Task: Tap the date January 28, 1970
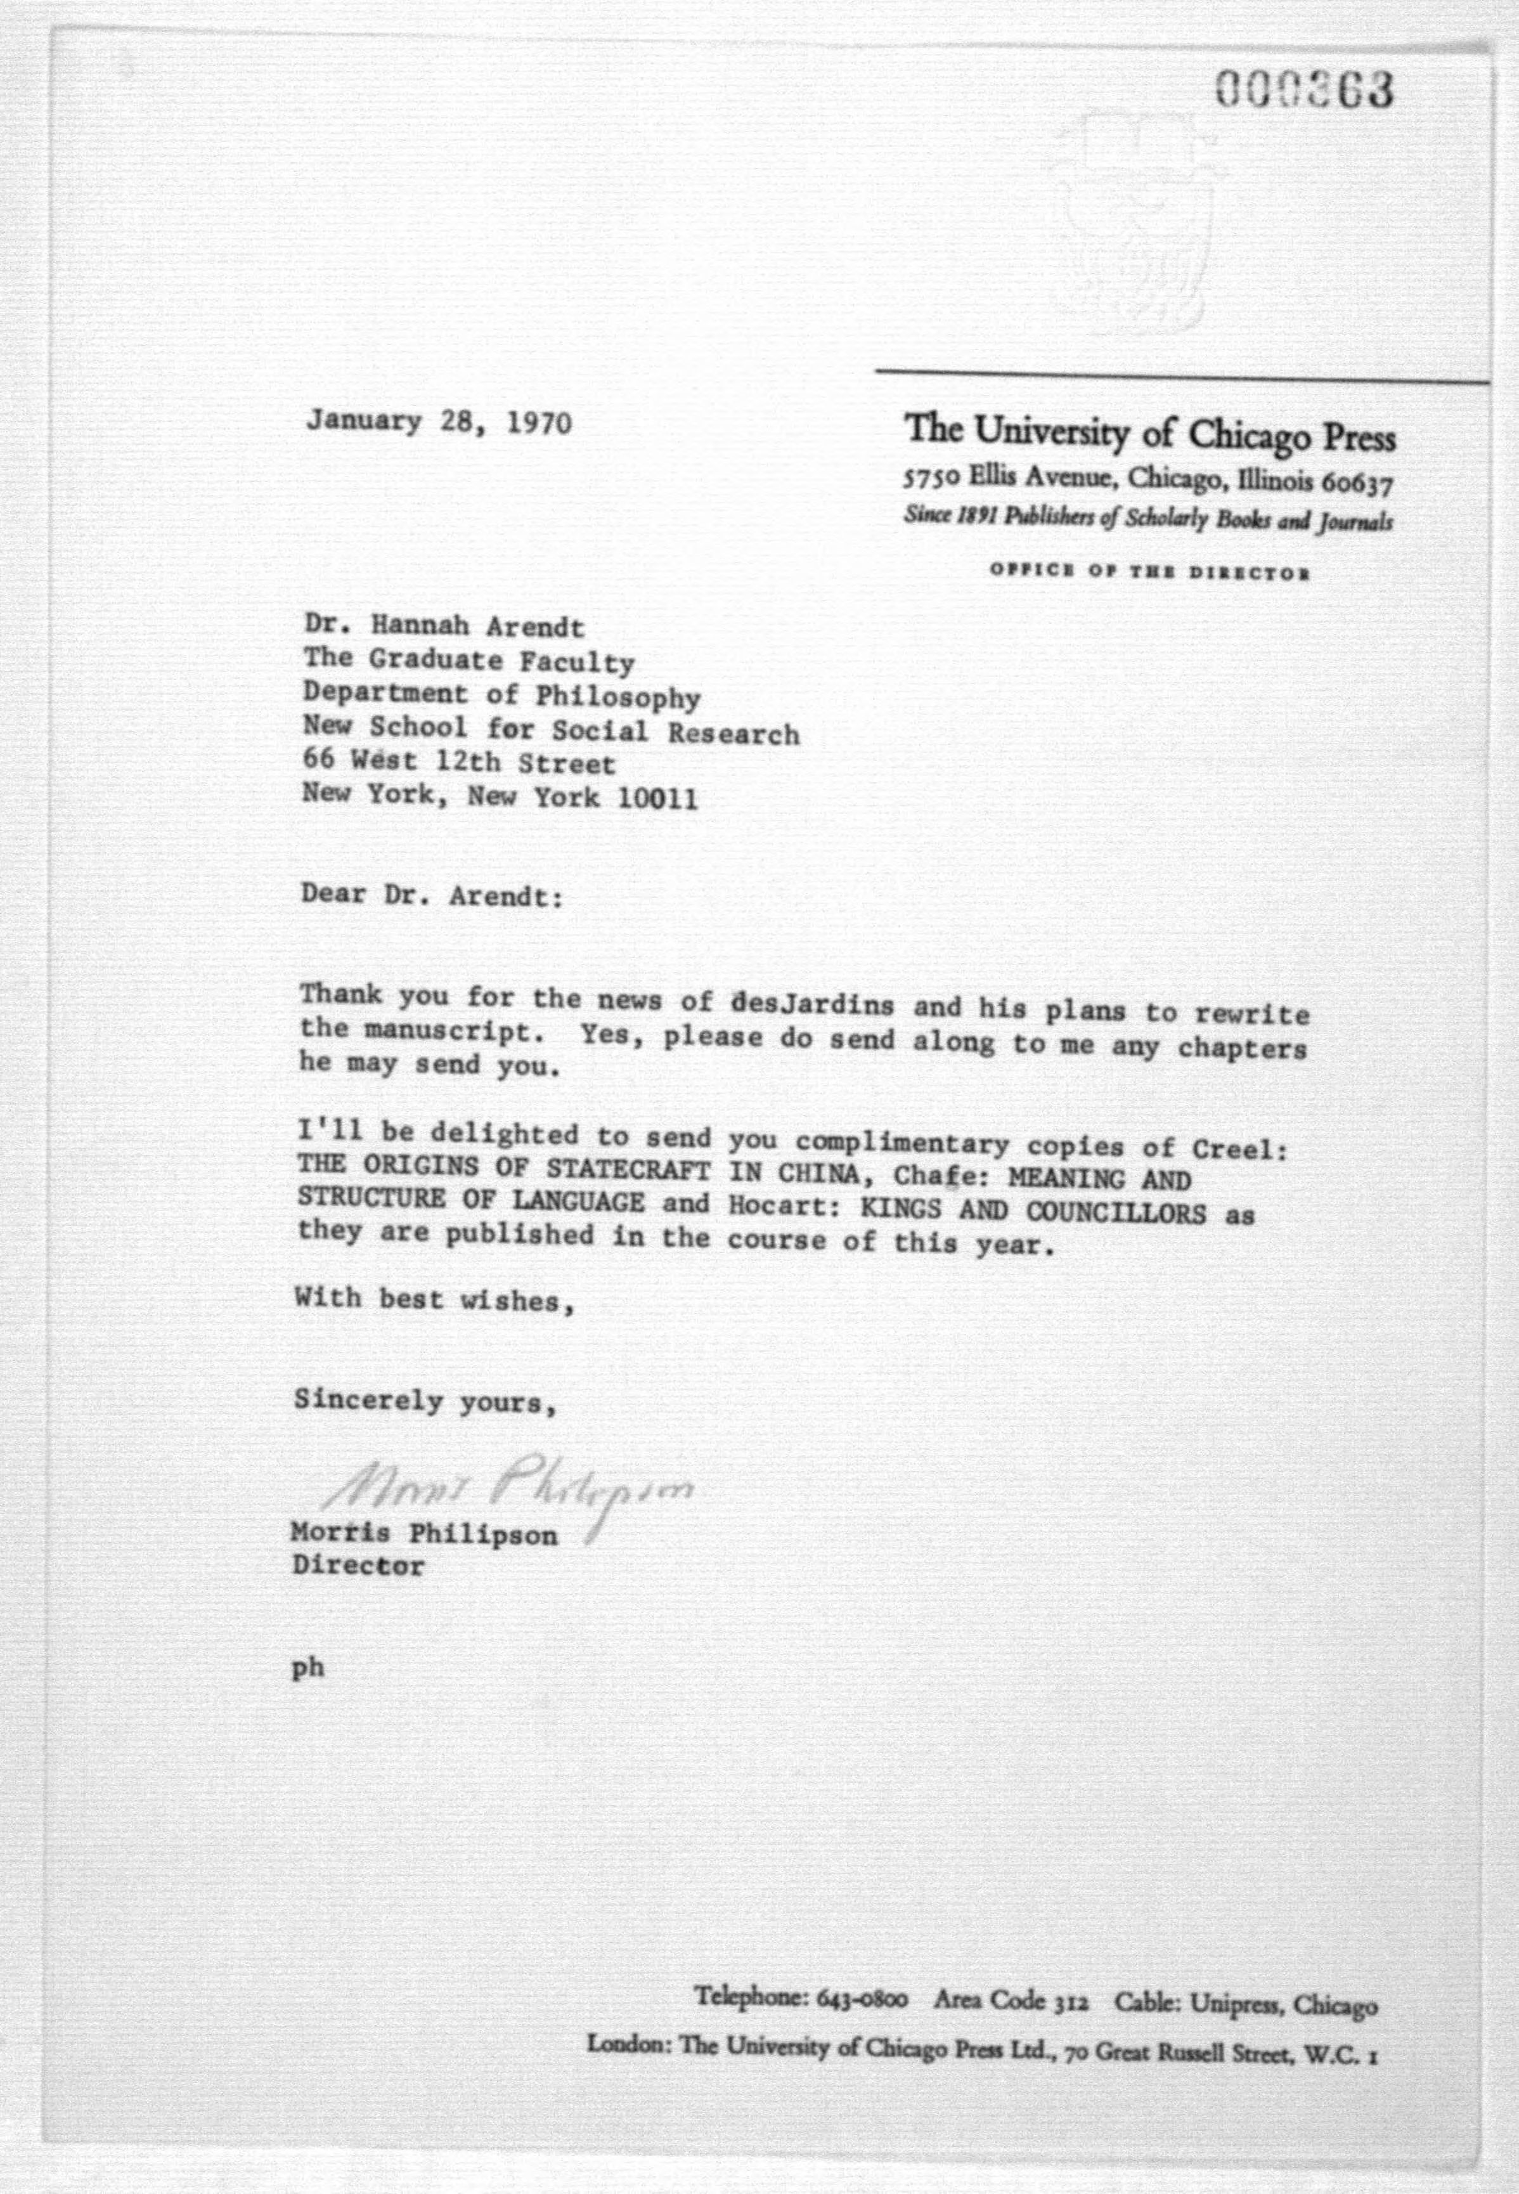[439, 422]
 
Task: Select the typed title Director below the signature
[358, 1566]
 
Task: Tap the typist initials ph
[307, 1668]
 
